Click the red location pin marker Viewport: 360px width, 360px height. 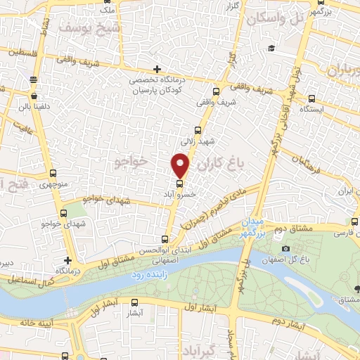(x=181, y=165)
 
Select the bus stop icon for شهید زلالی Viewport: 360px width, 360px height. (x=198, y=130)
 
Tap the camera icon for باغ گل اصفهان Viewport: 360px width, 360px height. (x=285, y=248)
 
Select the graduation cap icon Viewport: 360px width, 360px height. (x=271, y=49)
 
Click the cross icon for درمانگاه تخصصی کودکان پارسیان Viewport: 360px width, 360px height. (x=157, y=69)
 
